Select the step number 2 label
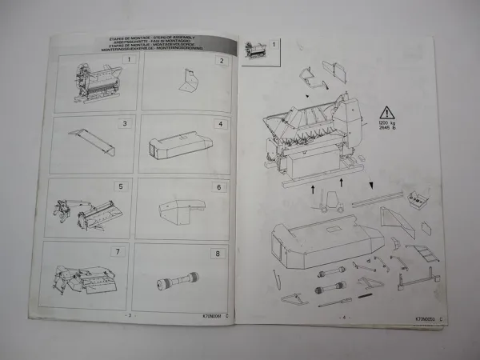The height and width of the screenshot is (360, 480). click(222, 61)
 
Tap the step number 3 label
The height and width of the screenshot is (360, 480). click(124, 123)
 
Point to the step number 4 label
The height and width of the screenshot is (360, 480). click(219, 125)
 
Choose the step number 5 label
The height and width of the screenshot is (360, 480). click(121, 186)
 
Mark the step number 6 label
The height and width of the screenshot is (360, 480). click(217, 187)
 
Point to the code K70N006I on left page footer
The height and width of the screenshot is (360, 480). click(210, 315)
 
